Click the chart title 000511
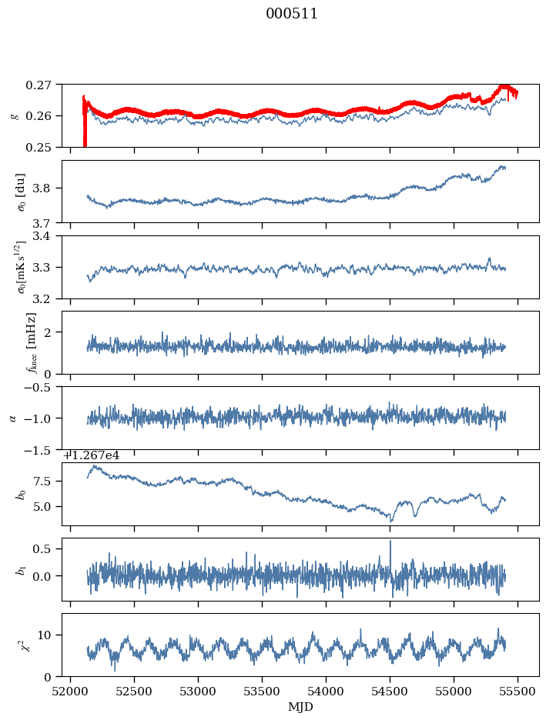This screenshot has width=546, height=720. [x=292, y=14]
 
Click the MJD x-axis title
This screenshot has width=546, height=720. [x=300, y=706]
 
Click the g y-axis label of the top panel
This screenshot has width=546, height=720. [x=14, y=115]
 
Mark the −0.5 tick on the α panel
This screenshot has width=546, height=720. [x=42, y=388]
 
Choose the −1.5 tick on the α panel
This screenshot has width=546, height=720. [x=42, y=450]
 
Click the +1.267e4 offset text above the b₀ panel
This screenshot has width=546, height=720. [x=91, y=455]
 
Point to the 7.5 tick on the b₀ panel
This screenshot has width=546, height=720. [x=47, y=481]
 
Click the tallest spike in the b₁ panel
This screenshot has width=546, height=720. [x=390, y=542]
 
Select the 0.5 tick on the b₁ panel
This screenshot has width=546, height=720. [x=47, y=548]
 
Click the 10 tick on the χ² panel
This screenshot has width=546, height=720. [x=50, y=635]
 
